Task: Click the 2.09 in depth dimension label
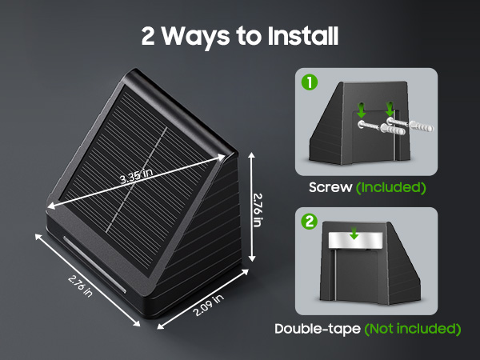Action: pyautogui.click(x=208, y=307)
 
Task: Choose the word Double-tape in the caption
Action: pyautogui.click(x=318, y=329)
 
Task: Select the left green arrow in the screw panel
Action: pyautogui.click(x=361, y=110)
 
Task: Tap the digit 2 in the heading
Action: pyautogui.click(x=148, y=35)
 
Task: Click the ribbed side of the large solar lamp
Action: pyautogui.click(x=216, y=232)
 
